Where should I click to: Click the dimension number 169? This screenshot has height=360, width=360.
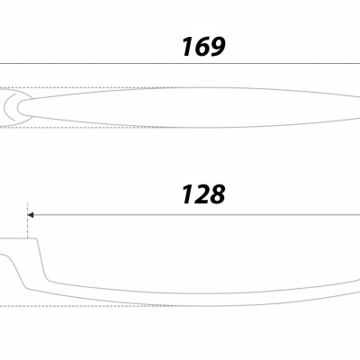click(x=203, y=47)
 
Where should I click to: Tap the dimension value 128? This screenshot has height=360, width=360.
click(x=203, y=194)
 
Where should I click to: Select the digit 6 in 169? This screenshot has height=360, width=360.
click(x=202, y=47)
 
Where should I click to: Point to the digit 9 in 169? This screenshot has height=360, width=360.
click(x=217, y=47)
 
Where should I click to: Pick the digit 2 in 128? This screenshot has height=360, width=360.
click(x=202, y=194)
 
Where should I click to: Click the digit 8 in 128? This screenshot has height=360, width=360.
click(x=217, y=194)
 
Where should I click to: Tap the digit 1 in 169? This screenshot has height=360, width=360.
click(x=188, y=47)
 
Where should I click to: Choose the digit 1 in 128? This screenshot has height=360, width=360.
click(x=188, y=194)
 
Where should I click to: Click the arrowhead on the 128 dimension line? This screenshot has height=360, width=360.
click(x=31, y=215)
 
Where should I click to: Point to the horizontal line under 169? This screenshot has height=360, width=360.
click(x=180, y=64)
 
